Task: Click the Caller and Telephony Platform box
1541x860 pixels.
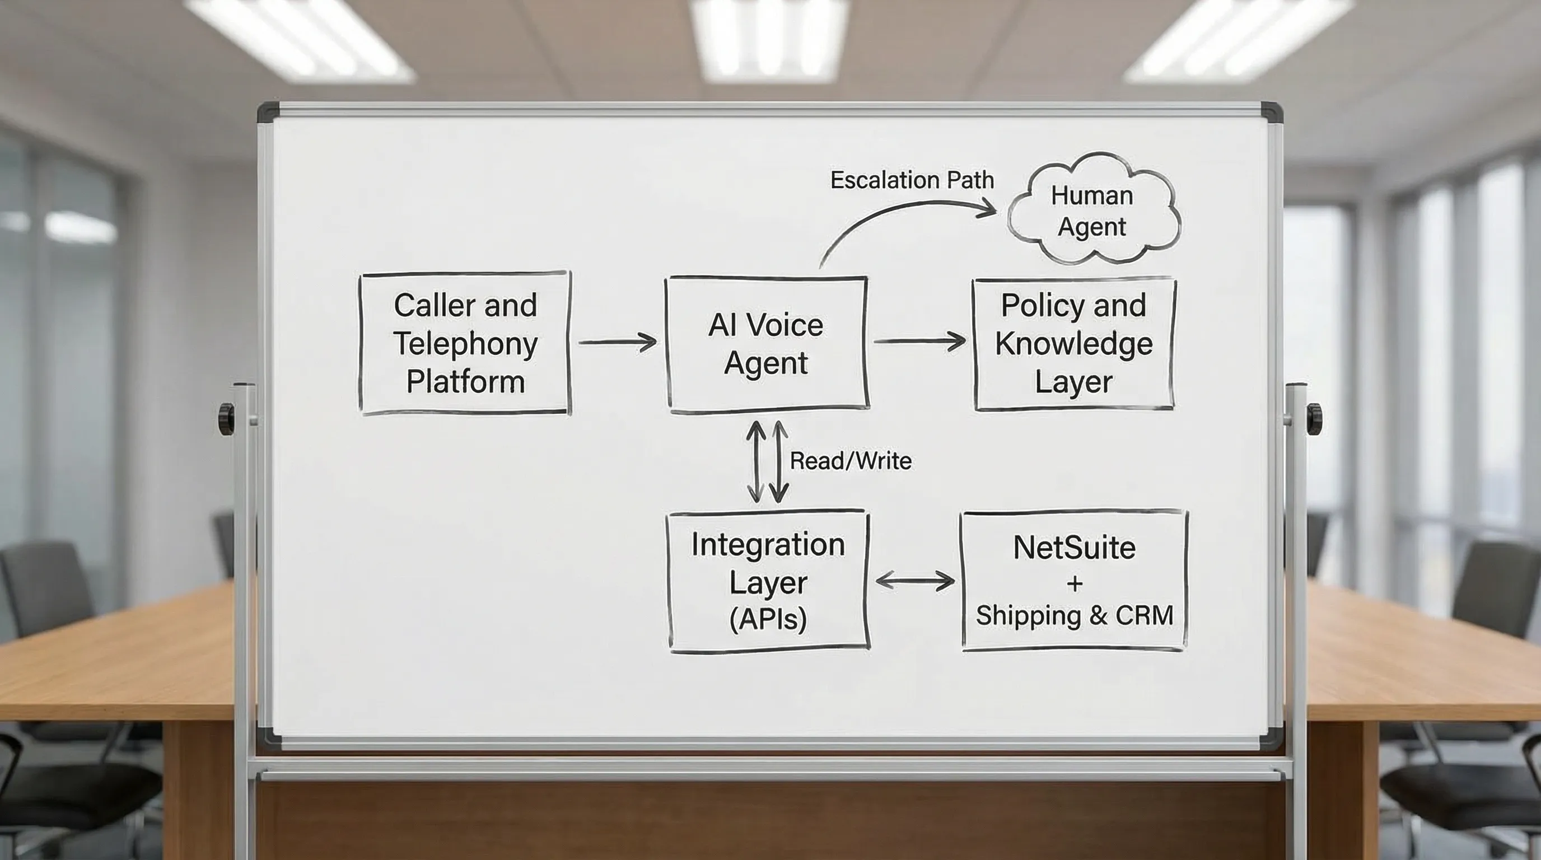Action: click(x=465, y=343)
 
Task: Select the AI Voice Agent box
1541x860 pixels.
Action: click(x=767, y=344)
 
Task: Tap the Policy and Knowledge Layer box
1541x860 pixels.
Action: click(x=1074, y=344)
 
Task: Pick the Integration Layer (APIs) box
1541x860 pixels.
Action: click(x=768, y=581)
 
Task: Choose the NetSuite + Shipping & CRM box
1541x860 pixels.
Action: click(x=1074, y=581)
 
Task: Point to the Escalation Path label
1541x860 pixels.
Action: click(x=912, y=180)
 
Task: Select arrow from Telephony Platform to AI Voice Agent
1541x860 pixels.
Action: click(x=618, y=342)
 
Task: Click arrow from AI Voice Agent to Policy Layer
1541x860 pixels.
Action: click(x=919, y=341)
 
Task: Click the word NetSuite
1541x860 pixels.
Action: click(x=1074, y=547)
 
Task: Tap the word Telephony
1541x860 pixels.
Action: click(x=465, y=344)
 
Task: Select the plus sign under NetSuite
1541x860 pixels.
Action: click(x=1075, y=583)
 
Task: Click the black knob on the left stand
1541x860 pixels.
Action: click(x=227, y=419)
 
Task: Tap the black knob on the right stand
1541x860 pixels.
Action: click(x=1314, y=419)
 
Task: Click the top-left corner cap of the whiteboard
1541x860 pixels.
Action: click(x=268, y=113)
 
